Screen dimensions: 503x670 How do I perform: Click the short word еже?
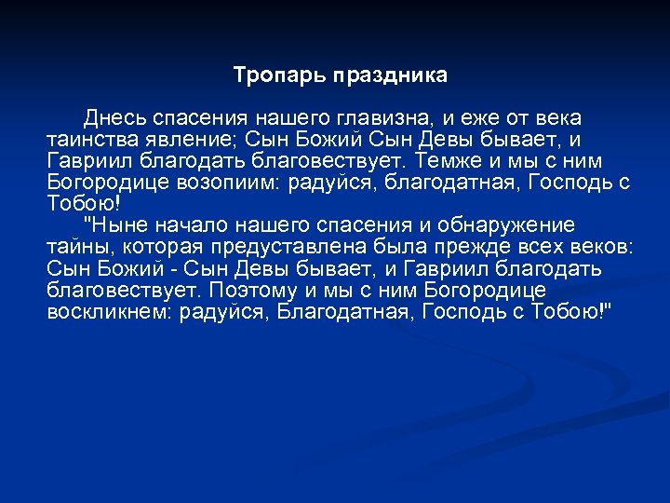tap(472, 118)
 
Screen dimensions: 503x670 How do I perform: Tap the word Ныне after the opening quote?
tap(118, 225)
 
